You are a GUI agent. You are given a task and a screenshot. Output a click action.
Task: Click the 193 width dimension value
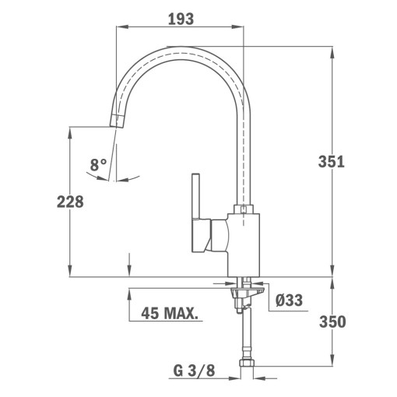[180, 18]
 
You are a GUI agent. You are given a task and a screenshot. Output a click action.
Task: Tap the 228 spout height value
[70, 202]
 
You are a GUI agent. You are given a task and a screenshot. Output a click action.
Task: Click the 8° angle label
[98, 164]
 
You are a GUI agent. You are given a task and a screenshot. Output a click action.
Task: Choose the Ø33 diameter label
[290, 299]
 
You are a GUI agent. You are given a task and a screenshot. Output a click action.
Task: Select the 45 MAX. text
[169, 314]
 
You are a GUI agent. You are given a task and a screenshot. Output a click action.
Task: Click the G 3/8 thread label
[194, 370]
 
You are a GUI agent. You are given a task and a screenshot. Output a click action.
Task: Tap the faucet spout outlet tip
[117, 121]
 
